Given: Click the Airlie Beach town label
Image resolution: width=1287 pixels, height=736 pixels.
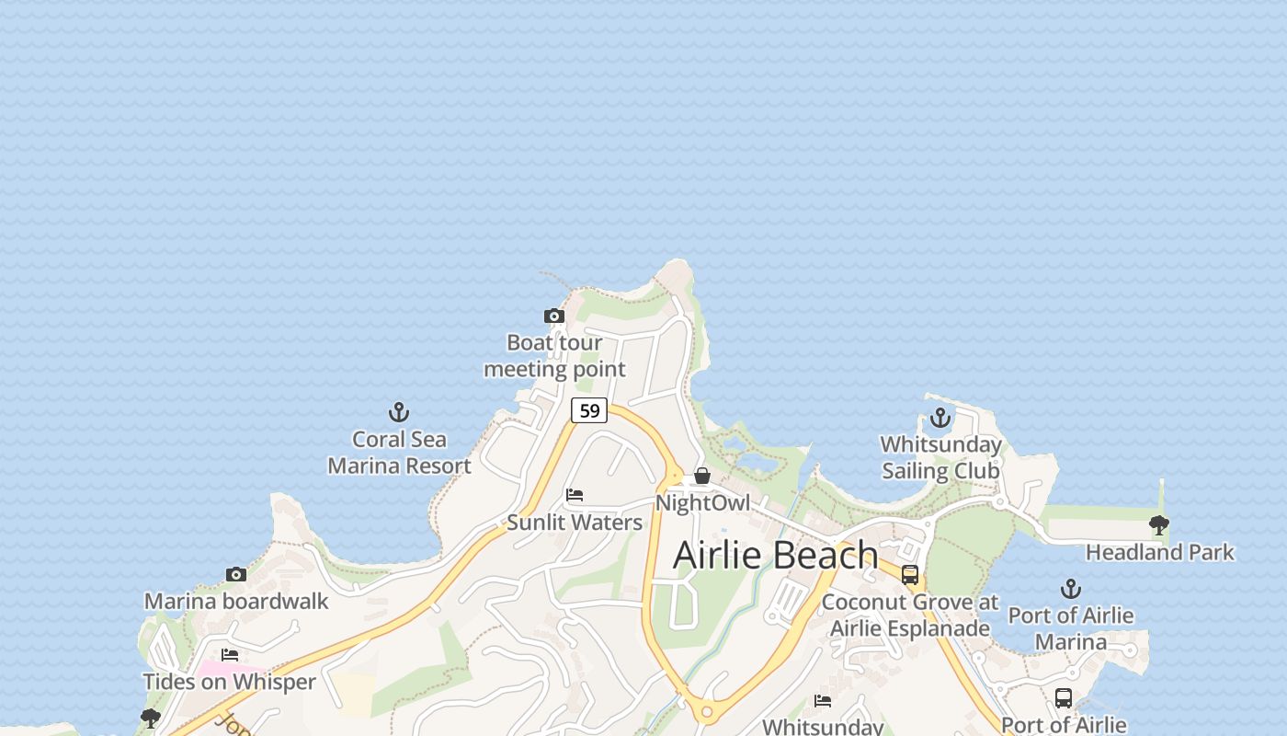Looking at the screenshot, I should coord(775,556).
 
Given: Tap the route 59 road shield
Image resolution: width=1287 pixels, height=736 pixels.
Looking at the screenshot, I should coord(589,410).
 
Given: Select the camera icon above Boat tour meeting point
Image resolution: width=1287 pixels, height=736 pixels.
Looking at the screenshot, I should coord(553,316).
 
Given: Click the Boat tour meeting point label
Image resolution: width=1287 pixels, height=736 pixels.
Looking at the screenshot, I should coord(554,356).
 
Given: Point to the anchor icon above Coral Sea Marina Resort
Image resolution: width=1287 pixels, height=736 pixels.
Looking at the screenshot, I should coord(399,412).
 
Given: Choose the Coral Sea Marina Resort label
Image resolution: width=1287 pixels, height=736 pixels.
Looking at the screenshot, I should coord(399,453).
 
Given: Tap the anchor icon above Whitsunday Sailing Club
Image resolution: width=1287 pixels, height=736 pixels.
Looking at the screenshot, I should coord(940,419).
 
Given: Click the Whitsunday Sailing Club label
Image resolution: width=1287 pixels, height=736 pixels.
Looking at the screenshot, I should coord(940,457).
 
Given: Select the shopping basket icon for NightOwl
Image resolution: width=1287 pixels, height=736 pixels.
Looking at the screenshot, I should coord(702,476).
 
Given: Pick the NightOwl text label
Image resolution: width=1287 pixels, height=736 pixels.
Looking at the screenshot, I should coord(702,503).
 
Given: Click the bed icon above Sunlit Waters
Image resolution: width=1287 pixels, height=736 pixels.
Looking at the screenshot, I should coord(575,495).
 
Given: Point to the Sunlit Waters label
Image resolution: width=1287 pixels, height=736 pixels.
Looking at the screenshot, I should coord(575,523).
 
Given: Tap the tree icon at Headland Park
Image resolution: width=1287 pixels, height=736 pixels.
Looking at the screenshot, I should coord(1159,525).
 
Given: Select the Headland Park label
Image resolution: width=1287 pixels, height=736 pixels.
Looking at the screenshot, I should coord(1159,553).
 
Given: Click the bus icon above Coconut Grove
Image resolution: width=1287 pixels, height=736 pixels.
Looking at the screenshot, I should coord(910,575).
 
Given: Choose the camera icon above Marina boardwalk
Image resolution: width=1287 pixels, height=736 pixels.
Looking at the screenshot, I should coord(236,574).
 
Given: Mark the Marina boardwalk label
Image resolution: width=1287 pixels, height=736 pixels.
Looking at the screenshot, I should coord(236,602).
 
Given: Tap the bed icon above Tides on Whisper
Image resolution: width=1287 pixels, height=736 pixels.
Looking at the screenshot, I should coord(230,655).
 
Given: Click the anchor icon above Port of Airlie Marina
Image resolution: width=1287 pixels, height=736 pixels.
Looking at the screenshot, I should coord(1071,589).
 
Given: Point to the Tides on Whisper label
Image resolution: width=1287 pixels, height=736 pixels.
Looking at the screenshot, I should coord(229,683).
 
